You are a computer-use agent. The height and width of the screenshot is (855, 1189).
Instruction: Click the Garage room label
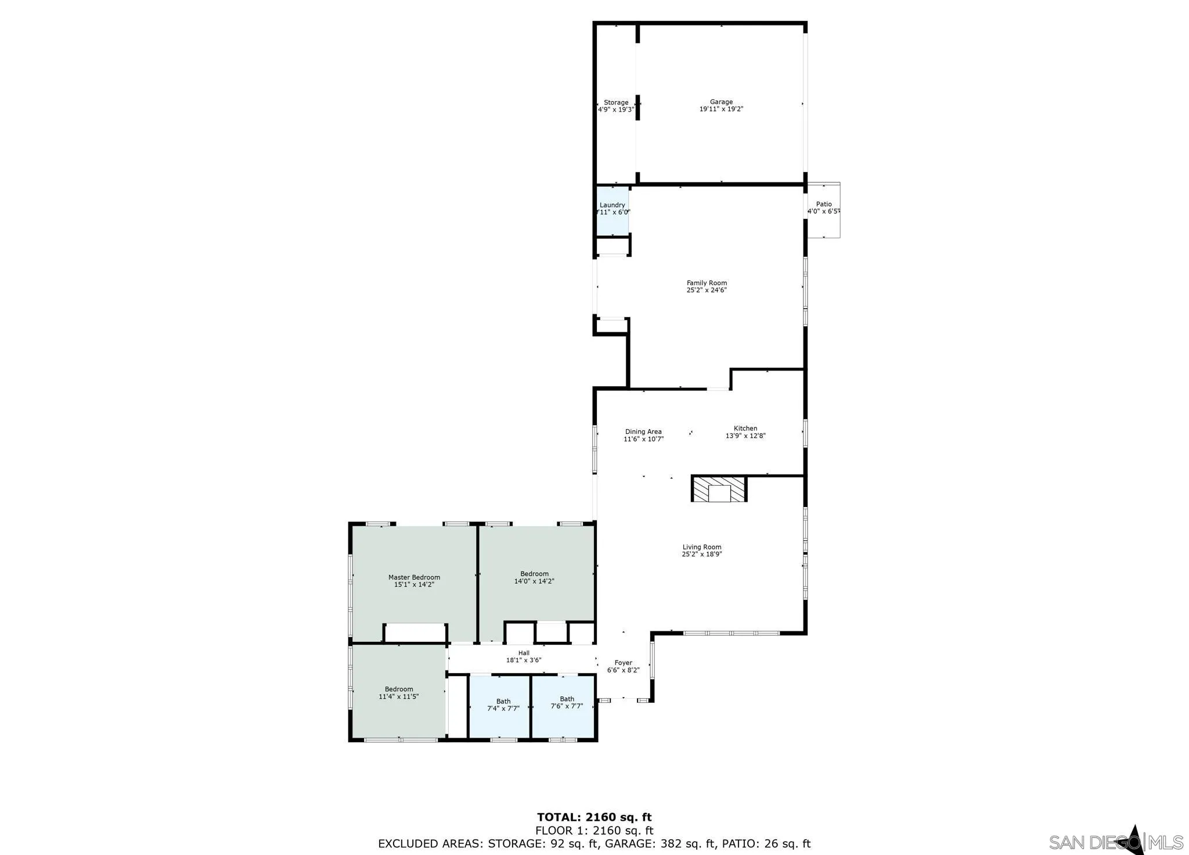[x=721, y=102]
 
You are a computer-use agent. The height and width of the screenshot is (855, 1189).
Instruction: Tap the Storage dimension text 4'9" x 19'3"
[x=616, y=109]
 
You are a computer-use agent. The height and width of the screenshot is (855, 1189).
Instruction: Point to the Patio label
[x=823, y=204]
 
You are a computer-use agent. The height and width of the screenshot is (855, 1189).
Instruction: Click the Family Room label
[x=707, y=283]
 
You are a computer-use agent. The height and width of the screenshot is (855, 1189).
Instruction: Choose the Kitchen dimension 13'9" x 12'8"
[x=745, y=436]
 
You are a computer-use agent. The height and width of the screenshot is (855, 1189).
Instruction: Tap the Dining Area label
[x=643, y=432]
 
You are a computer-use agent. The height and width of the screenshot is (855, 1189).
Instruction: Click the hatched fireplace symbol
[x=719, y=489]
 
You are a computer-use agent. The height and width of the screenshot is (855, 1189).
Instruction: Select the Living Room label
[x=701, y=547]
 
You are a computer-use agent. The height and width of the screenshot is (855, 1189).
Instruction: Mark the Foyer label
[x=623, y=663]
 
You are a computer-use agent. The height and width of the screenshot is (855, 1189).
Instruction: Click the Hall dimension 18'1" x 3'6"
[x=524, y=660]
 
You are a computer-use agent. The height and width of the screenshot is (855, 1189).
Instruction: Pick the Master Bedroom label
[x=414, y=577]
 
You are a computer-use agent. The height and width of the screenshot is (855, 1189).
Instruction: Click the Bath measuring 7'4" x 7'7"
[x=503, y=705]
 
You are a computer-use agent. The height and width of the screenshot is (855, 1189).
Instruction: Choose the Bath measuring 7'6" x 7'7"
[x=567, y=703]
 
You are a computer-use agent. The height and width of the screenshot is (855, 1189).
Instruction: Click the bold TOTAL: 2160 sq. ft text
[x=594, y=817]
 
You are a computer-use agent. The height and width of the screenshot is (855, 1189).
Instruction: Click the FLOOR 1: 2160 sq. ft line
[x=594, y=831]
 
